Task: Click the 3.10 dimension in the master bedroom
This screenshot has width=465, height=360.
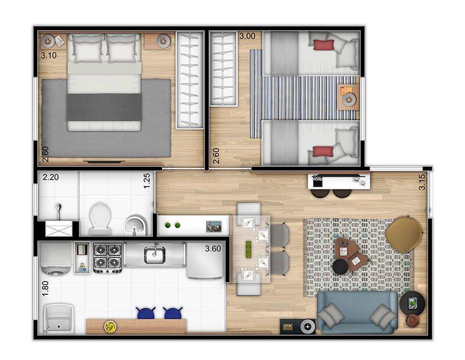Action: pos(49,55)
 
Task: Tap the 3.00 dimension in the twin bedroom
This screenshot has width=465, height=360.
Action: pos(247,36)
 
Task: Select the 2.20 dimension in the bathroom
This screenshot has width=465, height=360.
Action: pos(51,177)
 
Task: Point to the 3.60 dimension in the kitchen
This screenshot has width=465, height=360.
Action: pos(213,249)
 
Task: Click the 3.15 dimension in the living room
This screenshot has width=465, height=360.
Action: pos(422,181)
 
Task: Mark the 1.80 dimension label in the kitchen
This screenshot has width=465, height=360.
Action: pos(45,288)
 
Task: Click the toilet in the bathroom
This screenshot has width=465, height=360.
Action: pos(100,219)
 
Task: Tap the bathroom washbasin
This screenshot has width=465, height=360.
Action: pos(135,224)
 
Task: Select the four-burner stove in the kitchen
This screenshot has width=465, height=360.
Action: pos(108,258)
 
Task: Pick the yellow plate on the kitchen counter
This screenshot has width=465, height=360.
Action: pos(110,327)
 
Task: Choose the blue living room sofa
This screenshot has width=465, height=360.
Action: pos(357,312)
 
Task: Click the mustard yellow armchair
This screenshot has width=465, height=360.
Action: pos(403,234)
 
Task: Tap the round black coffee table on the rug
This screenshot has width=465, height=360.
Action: pos(340,266)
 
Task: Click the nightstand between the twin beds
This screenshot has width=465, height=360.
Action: pos(348,97)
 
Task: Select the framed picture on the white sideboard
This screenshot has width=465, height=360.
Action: pos(214,226)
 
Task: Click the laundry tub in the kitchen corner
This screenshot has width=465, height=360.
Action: pos(59,319)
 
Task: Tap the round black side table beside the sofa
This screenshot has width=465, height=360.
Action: pos(412,304)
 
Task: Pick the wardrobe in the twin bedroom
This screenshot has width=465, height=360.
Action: pos(223,69)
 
